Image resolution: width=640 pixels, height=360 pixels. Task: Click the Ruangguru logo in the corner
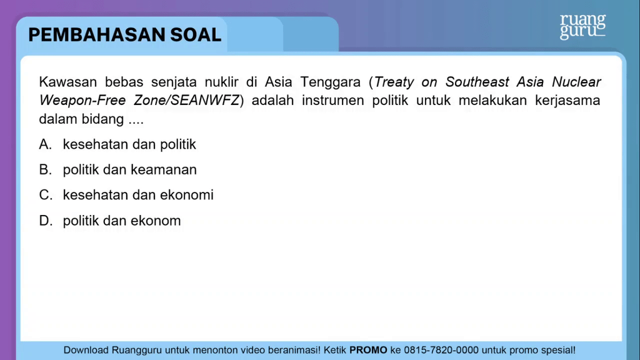pyautogui.click(x=582, y=27)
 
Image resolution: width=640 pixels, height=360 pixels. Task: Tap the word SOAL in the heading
pyautogui.click(x=196, y=35)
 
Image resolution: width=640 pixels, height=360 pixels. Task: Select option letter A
pyautogui.click(x=45, y=144)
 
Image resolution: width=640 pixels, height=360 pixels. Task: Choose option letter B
pyautogui.click(x=45, y=170)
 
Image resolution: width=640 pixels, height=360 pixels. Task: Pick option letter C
pyautogui.click(x=46, y=195)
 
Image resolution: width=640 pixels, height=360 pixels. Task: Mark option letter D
pyautogui.click(x=46, y=221)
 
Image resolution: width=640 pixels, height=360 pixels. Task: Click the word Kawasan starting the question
pyautogui.click(x=67, y=82)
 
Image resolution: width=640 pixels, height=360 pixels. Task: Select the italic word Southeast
pyautogui.click(x=477, y=82)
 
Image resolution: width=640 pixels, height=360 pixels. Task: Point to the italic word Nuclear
pyautogui.click(x=576, y=82)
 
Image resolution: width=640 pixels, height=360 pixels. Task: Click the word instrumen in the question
pyautogui.click(x=333, y=101)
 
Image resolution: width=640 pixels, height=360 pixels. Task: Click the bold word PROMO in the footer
pyautogui.click(x=368, y=350)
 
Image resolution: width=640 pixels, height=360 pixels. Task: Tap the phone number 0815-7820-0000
pyautogui.click(x=441, y=350)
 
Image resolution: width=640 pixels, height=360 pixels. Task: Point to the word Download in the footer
pyautogui.click(x=86, y=350)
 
